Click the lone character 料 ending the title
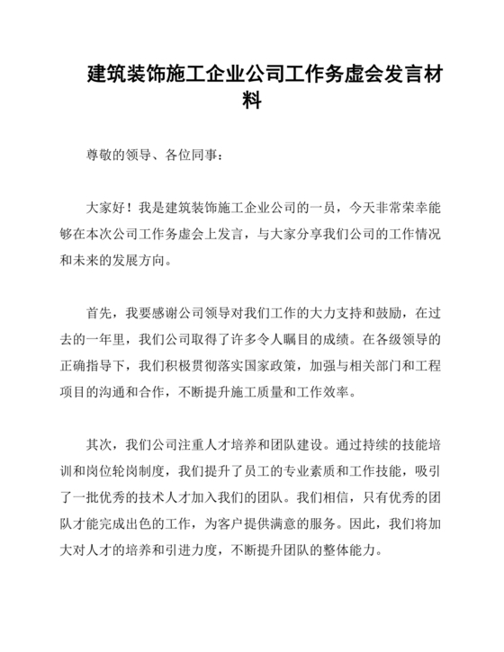pos(252,101)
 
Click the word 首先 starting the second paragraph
pos(100,312)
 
